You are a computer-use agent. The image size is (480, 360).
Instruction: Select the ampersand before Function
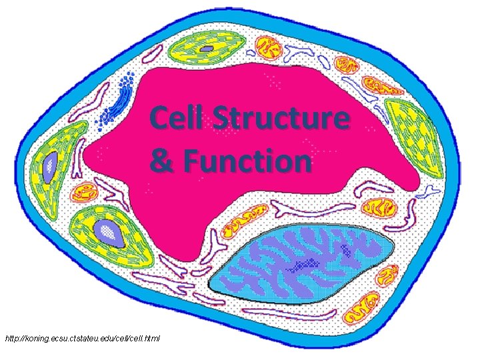[x=161, y=161]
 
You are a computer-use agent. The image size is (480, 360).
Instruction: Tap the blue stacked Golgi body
[x=120, y=100]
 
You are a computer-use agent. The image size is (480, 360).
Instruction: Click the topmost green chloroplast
[x=207, y=50]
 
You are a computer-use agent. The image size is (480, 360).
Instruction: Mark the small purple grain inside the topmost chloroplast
[x=208, y=49]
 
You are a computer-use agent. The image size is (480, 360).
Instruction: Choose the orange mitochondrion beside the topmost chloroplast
[x=269, y=48]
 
